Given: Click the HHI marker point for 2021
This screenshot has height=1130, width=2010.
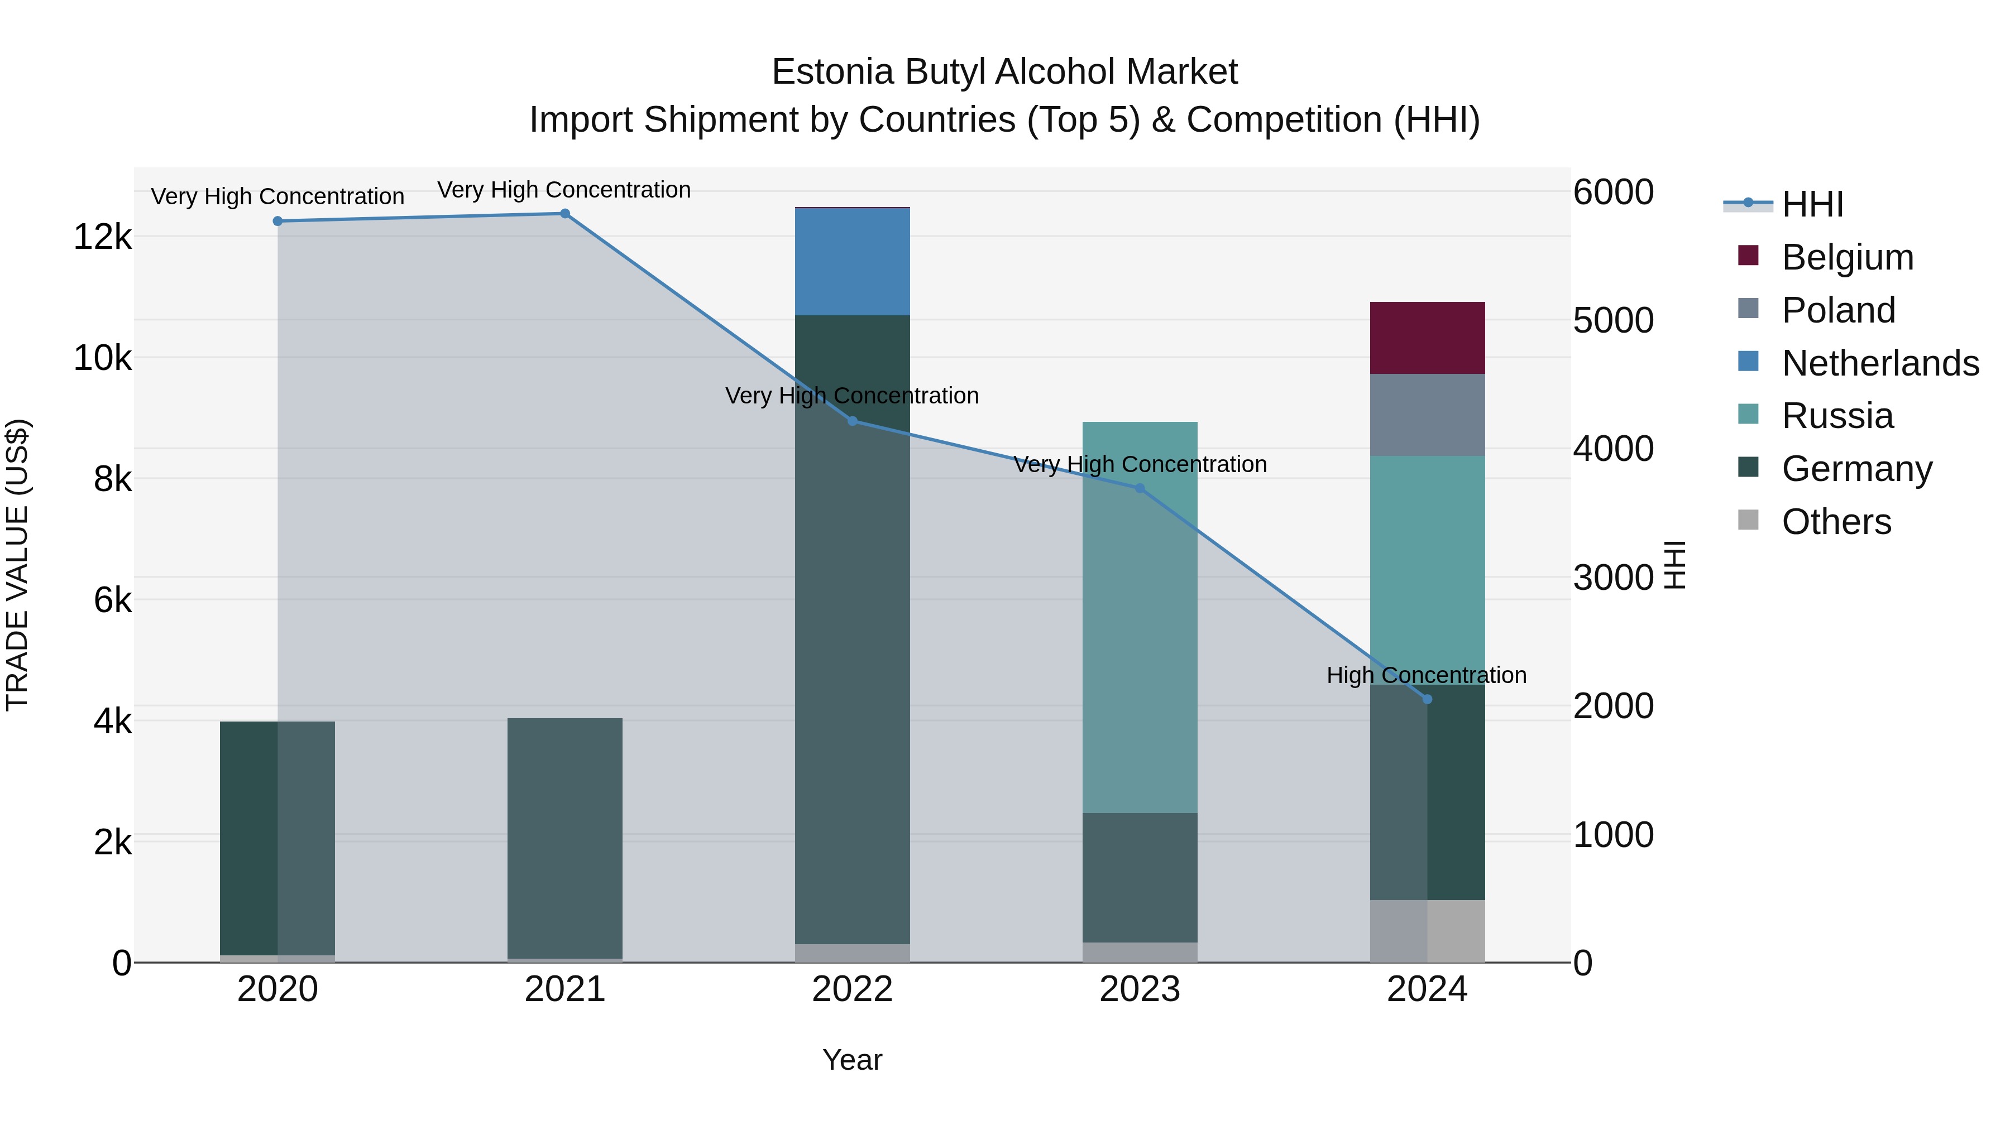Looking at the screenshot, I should point(565,214).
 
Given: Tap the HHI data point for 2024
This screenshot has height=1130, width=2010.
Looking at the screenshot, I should point(1427,700).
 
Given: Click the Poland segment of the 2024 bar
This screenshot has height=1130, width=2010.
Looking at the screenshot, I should point(1427,415).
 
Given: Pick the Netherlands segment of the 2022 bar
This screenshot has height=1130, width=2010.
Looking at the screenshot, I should point(852,262).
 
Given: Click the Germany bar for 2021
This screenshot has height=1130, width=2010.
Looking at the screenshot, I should point(565,838).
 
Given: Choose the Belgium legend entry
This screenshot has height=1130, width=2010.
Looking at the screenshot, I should point(1846,257).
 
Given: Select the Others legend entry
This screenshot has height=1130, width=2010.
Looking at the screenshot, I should point(1835,522).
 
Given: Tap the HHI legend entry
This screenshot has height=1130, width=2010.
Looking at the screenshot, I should point(1812,204).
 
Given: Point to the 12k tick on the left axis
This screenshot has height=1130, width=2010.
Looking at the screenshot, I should point(102,236).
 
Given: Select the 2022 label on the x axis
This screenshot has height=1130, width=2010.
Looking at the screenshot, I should point(852,989).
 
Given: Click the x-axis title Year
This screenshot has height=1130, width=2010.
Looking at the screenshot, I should point(852,1060).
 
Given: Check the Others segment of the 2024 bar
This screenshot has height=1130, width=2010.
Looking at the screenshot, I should point(1427,931).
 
